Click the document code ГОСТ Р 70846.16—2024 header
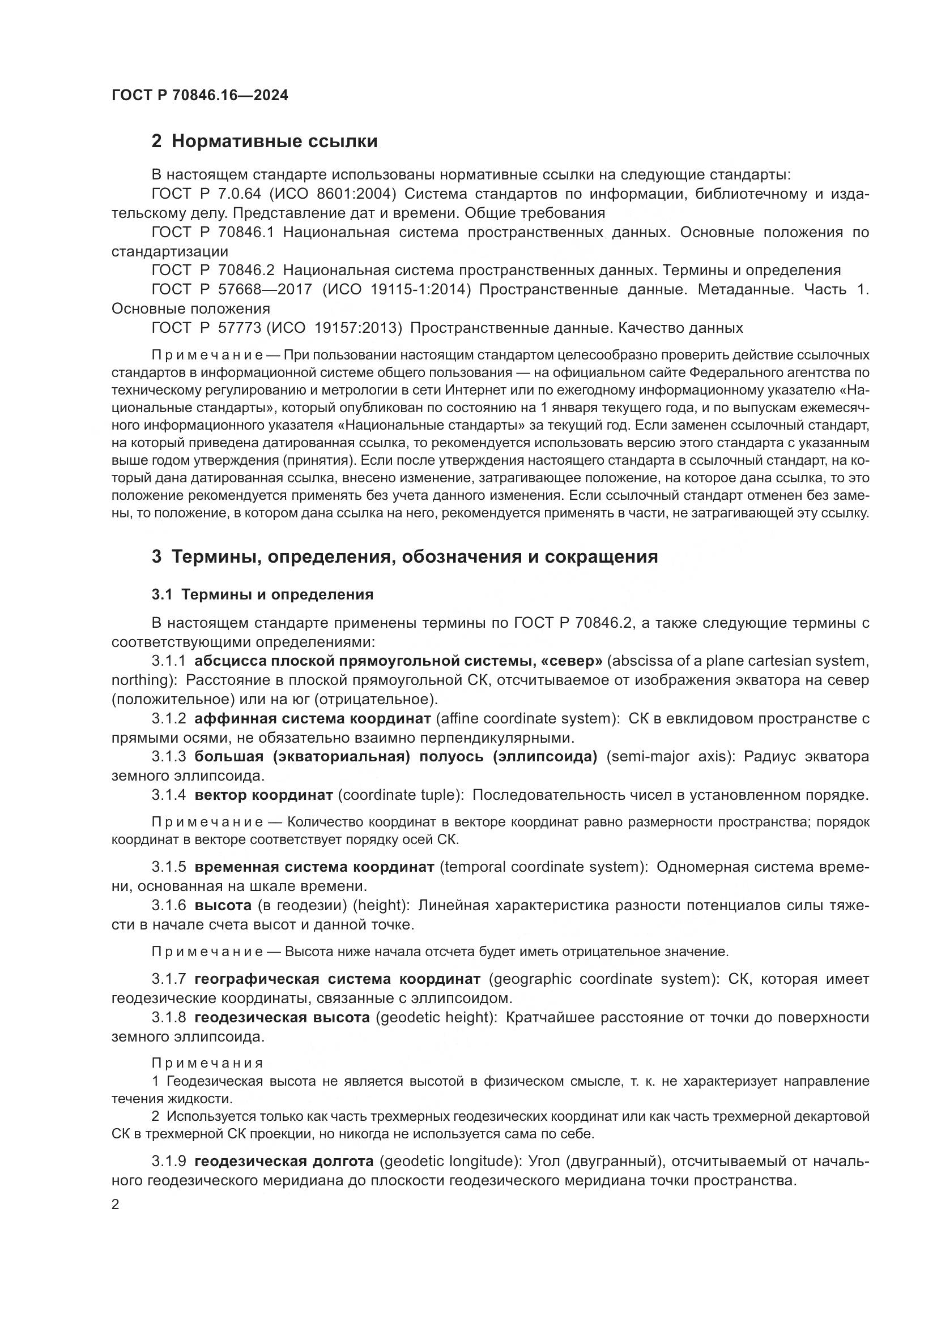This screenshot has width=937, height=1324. [x=199, y=96]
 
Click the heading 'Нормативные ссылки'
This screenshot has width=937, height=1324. [x=274, y=141]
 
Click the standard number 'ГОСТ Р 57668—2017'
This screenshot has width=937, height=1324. [x=231, y=289]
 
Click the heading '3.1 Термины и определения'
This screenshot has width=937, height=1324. [x=262, y=594]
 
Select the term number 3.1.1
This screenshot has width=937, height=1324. [x=168, y=661]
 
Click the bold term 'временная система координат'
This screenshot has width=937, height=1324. [x=314, y=867]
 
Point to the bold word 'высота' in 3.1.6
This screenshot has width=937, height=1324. [x=223, y=906]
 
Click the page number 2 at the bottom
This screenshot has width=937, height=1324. [x=116, y=1205]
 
